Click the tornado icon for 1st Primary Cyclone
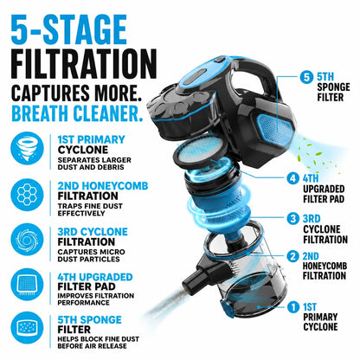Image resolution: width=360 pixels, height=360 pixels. pos(27,148)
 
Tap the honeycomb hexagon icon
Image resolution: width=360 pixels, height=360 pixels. pos(27,195)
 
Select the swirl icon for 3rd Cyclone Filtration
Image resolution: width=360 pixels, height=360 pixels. pos(27,240)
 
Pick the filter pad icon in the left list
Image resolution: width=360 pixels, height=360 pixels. pos(27,285)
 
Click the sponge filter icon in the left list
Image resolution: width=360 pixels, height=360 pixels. pos(27,328)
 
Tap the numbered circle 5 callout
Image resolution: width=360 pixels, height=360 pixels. pos(306,78)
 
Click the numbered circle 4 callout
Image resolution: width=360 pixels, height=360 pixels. pos(292,178)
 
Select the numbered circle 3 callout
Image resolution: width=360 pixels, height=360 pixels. pos(292,218)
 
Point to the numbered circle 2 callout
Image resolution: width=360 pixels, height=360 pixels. pos(292,256)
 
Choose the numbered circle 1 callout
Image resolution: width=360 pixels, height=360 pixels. pos(293,307)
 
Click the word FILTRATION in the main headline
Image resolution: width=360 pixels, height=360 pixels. pos(84,64)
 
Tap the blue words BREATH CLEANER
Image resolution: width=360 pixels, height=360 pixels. pos(77,112)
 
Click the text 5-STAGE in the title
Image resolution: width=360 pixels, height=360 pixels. pos(69,29)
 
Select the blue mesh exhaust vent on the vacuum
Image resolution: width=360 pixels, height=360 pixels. pos(274,126)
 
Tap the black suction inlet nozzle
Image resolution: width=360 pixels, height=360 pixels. pos(196,274)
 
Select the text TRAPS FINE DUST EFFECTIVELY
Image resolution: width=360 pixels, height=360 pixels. pos(90,209)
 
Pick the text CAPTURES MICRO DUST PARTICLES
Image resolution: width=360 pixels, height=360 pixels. pos(91,255)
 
